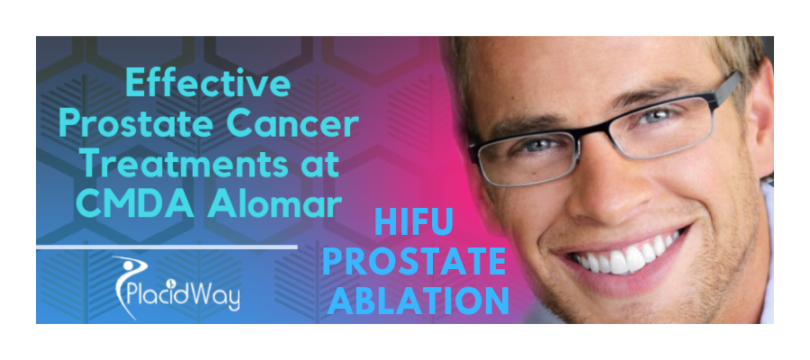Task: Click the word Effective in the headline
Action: tap(208, 85)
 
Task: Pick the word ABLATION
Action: tap(418, 300)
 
